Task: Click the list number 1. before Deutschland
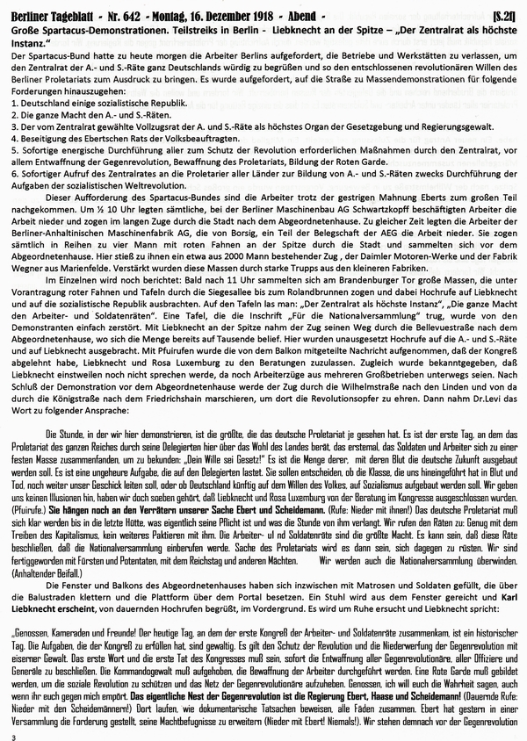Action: tap(9, 103)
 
